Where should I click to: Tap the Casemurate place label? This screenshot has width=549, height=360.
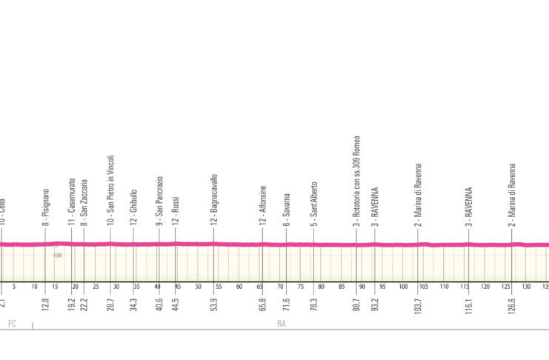click(x=72, y=201)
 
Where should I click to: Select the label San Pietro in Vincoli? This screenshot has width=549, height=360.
click(x=110, y=190)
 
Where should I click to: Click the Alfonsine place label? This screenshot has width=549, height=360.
click(x=262, y=205)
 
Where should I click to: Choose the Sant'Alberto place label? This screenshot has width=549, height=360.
click(x=314, y=203)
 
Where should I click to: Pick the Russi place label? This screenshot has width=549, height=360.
click(x=176, y=212)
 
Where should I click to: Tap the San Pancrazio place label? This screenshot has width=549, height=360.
click(x=159, y=201)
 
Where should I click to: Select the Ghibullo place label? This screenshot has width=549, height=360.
click(x=134, y=207)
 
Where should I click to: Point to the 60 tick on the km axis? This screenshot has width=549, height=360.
click(x=239, y=287)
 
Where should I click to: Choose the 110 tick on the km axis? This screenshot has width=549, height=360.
click(x=443, y=287)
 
